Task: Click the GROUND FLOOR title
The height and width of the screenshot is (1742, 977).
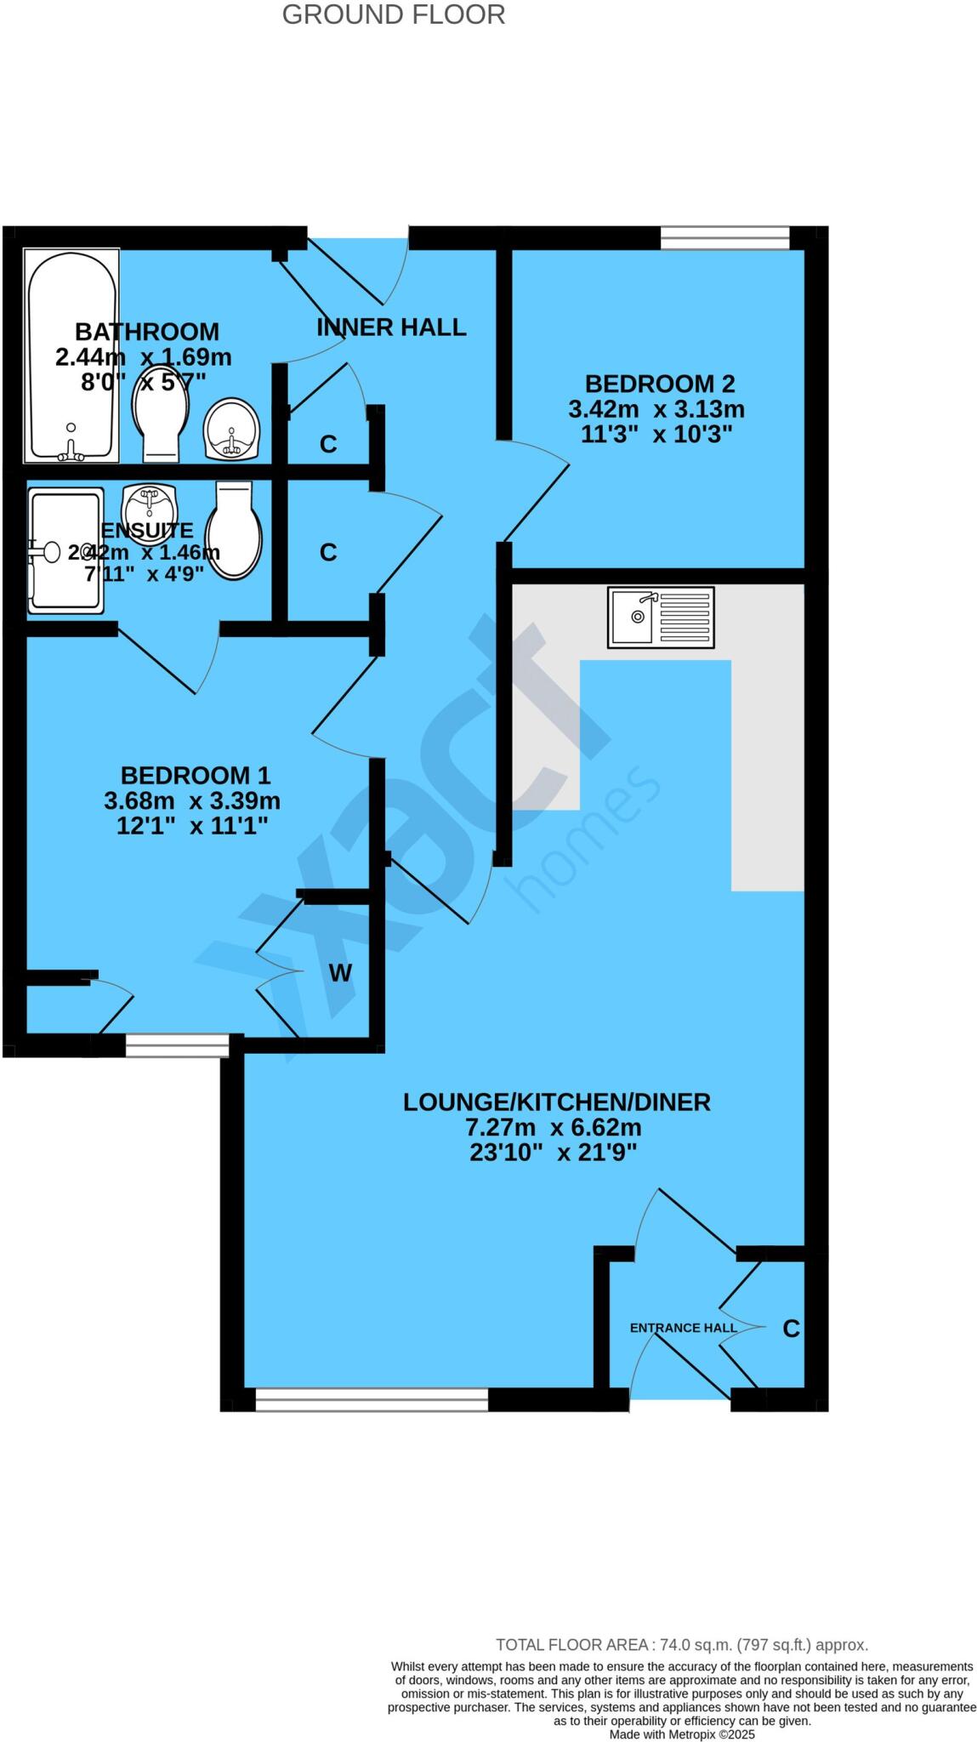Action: (393, 14)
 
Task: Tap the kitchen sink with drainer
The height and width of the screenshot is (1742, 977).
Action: (661, 617)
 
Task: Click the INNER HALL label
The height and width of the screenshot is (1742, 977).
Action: (391, 327)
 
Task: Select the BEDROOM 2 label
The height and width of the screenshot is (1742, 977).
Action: (659, 384)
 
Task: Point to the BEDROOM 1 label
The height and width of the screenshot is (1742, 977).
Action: (195, 776)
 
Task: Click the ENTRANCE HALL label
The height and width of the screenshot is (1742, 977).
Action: (683, 1328)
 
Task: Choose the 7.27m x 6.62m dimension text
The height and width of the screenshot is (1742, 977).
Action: (553, 1128)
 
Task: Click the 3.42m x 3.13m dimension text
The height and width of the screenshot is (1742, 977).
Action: (656, 409)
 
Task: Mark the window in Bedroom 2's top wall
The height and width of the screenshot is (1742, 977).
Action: (724, 238)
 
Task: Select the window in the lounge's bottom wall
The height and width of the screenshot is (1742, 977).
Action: (372, 1399)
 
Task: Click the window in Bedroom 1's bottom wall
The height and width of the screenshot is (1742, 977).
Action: (177, 1045)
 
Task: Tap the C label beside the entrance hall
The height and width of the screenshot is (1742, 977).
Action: (791, 1329)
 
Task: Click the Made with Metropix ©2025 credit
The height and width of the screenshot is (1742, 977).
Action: (681, 1734)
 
